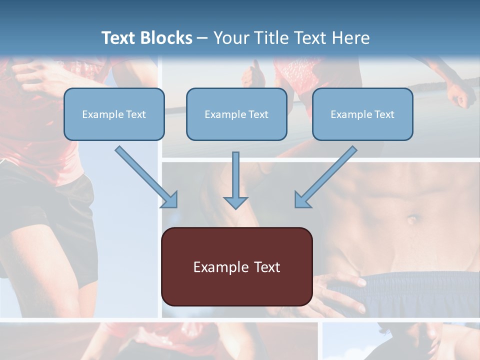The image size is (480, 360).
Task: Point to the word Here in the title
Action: pos(350,38)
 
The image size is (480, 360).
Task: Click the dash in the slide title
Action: pos(202,38)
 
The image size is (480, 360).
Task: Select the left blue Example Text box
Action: pos(114,114)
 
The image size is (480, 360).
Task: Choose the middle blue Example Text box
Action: pos(236,114)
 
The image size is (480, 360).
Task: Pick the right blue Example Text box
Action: pos(362,114)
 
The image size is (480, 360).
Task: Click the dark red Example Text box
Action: pos(236,267)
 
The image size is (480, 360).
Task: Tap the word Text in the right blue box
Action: pos(384,114)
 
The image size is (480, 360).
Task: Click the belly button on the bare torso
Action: pos(412,219)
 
